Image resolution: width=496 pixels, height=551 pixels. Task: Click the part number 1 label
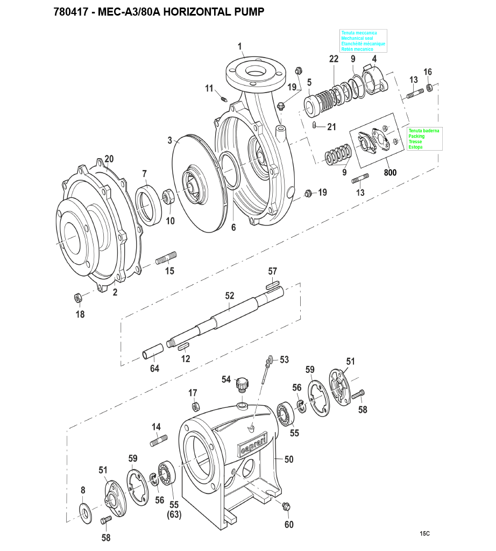240,46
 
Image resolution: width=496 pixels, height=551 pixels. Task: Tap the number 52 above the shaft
229,296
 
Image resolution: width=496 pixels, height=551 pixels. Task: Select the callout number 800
390,173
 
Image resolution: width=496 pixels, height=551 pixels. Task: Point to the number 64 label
154,368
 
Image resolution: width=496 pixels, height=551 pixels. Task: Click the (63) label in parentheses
174,514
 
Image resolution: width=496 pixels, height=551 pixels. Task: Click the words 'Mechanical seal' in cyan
357,38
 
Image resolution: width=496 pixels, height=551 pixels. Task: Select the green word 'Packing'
416,136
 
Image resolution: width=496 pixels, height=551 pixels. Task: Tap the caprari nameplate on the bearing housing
253,444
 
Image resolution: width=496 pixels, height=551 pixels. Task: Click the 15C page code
424,533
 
